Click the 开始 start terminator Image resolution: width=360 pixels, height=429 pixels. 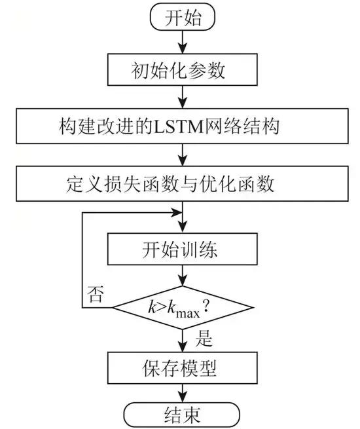tap(182, 18)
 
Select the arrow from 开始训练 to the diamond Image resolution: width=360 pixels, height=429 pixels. tap(182, 276)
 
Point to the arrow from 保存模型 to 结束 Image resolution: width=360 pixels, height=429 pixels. tap(182, 391)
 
